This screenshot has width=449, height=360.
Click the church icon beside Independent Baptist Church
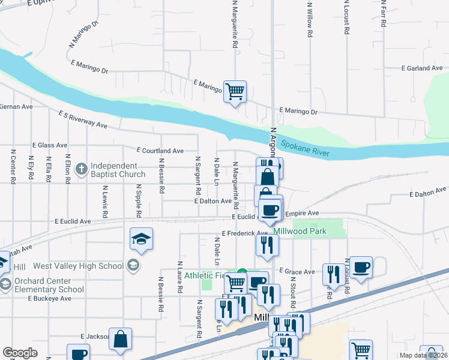coord(82,169)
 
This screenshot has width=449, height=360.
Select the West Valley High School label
coord(77,266)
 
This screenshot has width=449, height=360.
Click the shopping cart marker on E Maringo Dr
coord(235,91)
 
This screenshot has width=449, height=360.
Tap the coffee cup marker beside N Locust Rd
coord(361,267)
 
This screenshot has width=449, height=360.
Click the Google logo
coord(20,353)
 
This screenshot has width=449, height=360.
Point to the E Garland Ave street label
coord(424,68)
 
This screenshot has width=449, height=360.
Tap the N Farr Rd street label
coord(382,11)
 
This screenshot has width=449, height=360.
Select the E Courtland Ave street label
coord(160,151)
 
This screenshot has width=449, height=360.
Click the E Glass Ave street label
coord(50,145)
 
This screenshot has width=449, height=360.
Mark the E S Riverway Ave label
coord(82,119)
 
